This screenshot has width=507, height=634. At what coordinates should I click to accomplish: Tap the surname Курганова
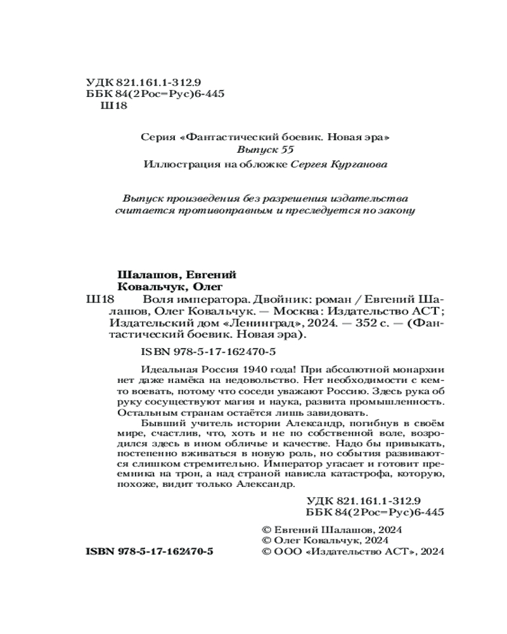click(359, 164)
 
